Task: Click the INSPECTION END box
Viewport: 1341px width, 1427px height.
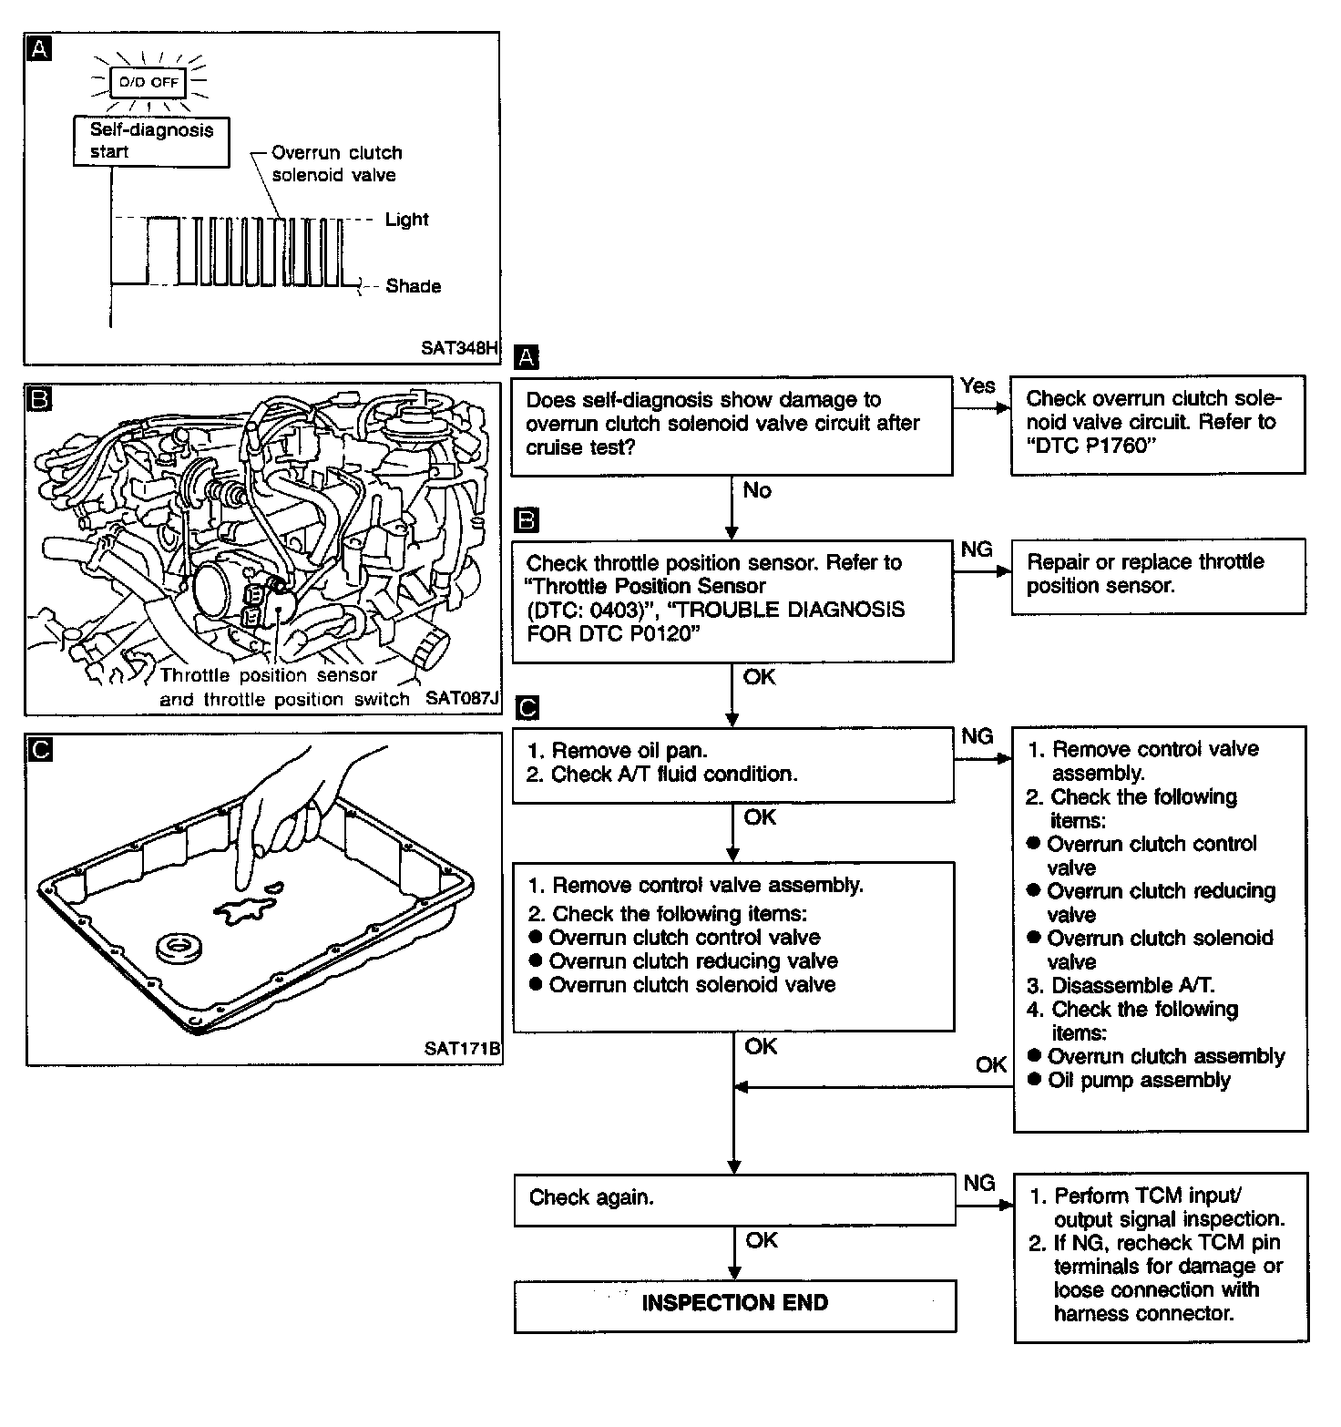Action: point(734,1304)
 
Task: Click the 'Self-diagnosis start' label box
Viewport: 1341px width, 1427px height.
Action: point(151,141)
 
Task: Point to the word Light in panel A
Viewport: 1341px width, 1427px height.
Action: point(406,220)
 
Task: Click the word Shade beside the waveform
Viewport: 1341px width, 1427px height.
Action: point(413,286)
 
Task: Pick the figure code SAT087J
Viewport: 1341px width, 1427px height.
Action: point(462,699)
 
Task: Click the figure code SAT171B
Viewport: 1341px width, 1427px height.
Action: point(462,1049)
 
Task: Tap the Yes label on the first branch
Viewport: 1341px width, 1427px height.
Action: point(978,385)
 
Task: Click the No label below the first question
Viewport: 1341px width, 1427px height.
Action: point(757,491)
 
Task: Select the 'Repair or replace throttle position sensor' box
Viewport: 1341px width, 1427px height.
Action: point(1158,575)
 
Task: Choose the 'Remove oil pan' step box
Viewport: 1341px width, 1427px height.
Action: point(733,764)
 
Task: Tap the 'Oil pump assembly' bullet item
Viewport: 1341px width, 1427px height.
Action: point(1139,1081)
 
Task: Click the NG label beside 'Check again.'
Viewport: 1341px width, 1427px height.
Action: point(978,1183)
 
